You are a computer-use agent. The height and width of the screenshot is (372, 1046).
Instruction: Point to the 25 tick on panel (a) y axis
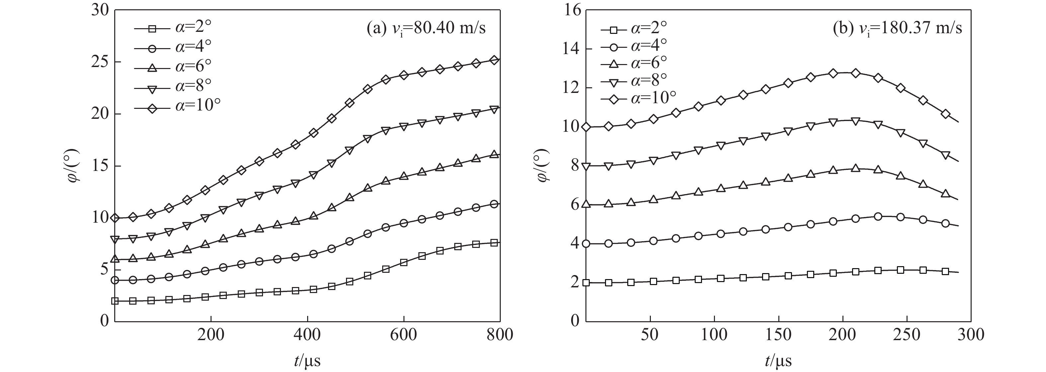100,62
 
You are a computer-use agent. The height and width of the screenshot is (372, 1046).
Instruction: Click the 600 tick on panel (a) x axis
403,335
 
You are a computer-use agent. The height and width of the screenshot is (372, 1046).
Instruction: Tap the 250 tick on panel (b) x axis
907,335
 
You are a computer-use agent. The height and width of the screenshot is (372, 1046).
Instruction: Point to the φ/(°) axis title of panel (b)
543,166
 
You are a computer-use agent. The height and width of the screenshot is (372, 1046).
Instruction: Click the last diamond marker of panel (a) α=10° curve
494,60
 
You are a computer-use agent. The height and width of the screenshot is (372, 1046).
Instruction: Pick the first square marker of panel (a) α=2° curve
115,301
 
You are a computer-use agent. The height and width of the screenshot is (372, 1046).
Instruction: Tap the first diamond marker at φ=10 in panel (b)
586,127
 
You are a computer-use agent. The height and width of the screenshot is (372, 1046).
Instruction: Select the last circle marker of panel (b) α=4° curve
945,223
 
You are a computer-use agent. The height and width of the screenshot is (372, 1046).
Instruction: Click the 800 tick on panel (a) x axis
499,335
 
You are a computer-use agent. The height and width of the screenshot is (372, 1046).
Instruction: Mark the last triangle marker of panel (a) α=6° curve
494,154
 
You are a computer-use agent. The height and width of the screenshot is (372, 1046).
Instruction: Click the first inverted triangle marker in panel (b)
586,166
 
